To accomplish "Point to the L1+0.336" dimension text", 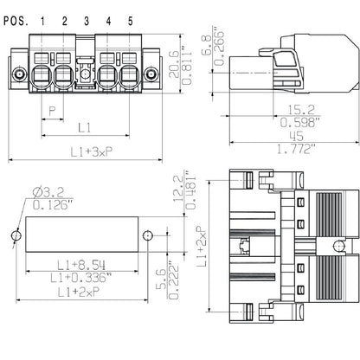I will (82, 279).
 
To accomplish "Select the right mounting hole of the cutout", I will (148, 235).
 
